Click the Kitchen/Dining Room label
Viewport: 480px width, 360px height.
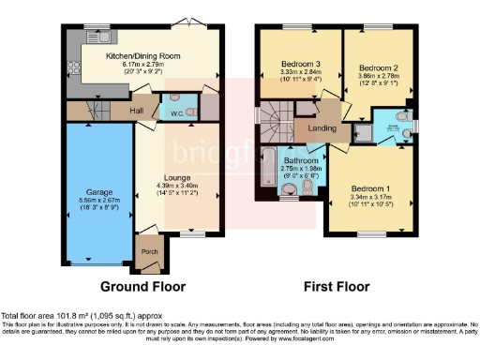142,56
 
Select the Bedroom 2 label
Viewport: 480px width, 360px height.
382,68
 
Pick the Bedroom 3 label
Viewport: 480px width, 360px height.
300,65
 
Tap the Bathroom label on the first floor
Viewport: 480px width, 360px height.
301,160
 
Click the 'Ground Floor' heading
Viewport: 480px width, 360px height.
144,287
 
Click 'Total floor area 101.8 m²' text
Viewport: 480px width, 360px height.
56,316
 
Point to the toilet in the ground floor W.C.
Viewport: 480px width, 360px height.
191,110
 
